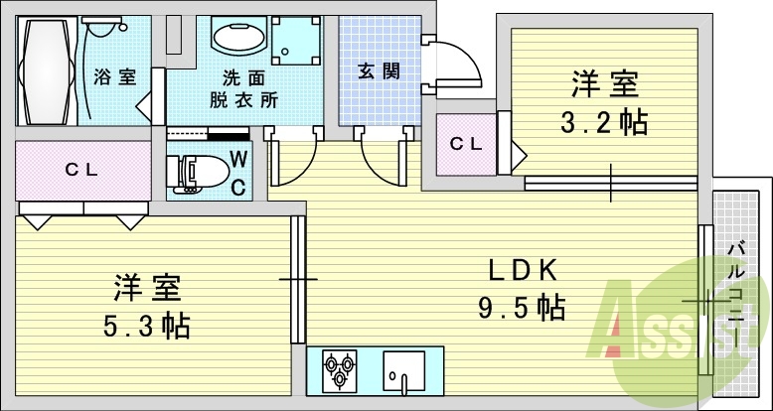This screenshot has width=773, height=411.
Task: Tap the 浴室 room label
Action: coord(116,77)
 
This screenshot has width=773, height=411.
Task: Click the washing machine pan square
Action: coord(295,41)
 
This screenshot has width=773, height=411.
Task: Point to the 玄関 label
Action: coord(379,70)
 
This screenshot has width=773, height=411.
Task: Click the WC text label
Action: coord(238,171)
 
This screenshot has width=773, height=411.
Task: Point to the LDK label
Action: coord(526,269)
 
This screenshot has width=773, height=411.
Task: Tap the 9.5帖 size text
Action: coord(521,307)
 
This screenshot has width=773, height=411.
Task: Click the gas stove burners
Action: coord(338,370)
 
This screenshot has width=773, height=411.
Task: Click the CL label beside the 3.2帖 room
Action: coord(465,144)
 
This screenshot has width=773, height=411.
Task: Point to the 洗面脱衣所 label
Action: coord(243,89)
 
